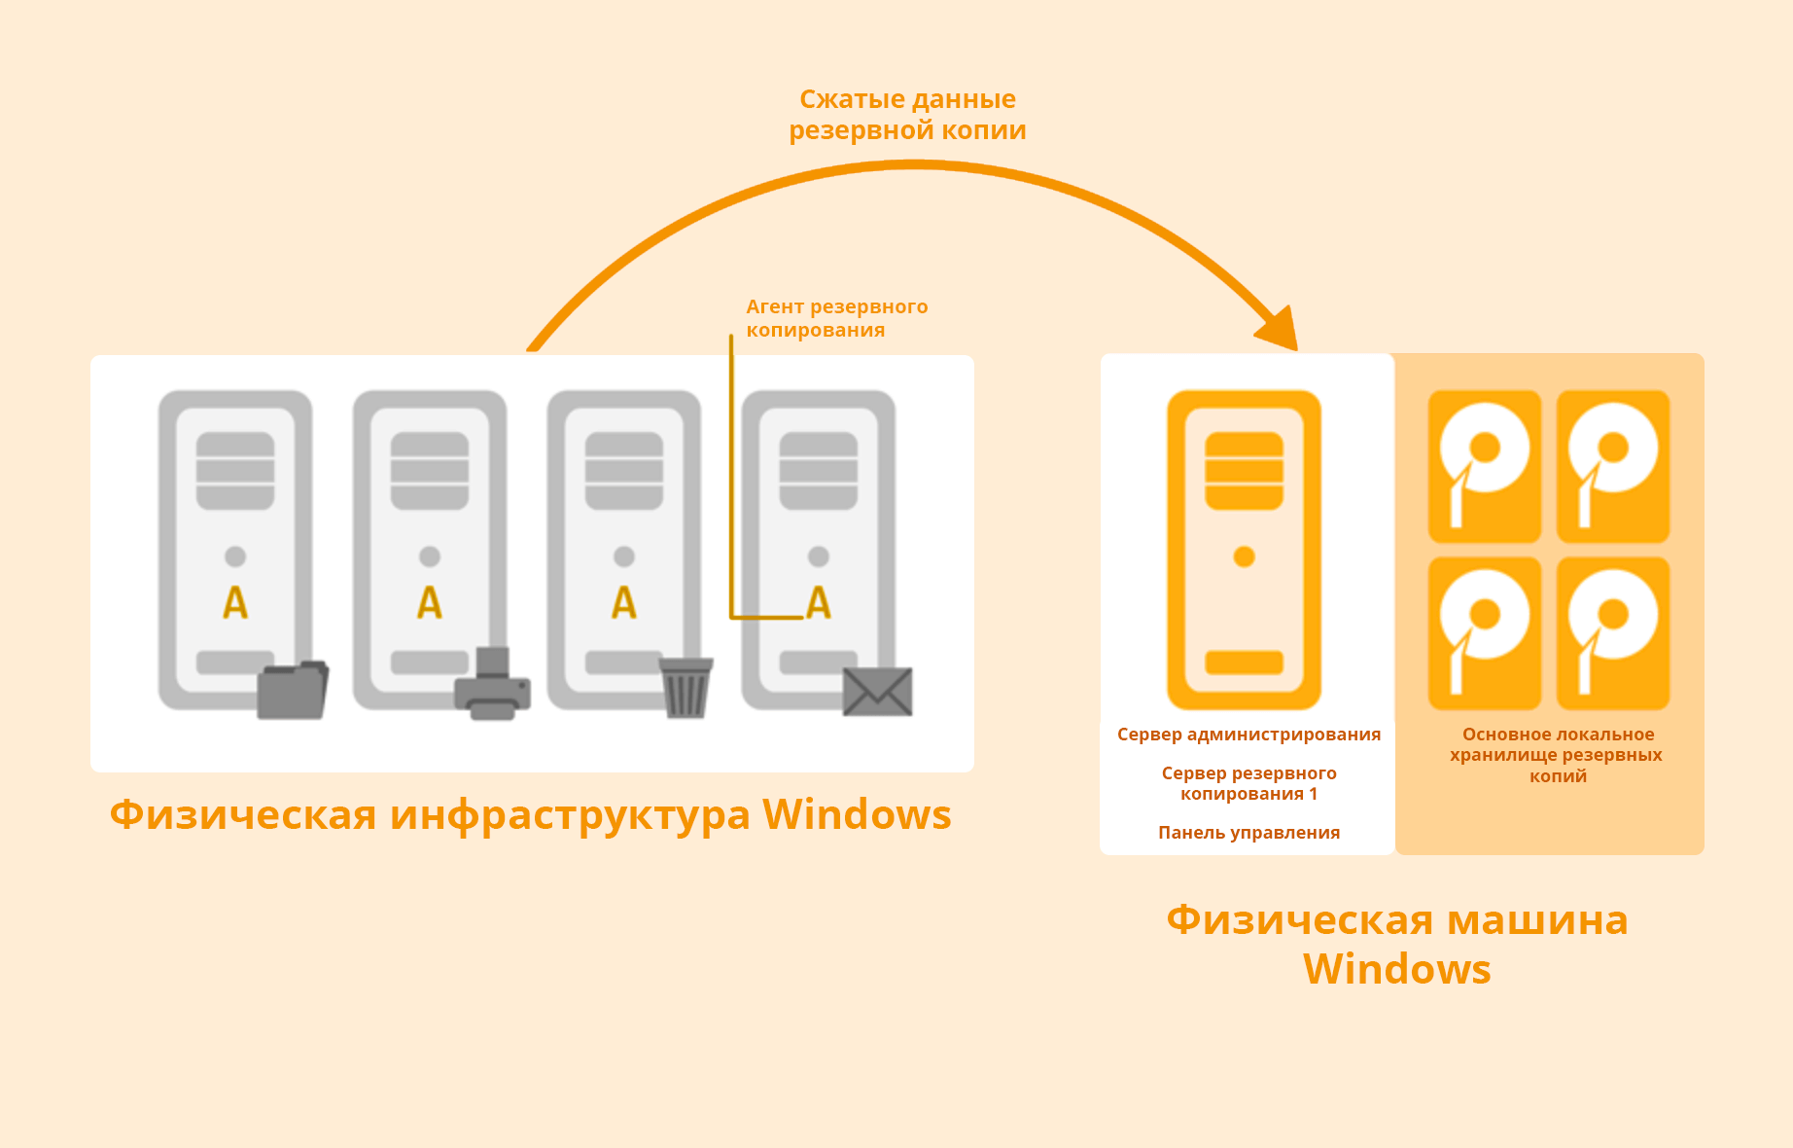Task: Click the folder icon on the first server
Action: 293,690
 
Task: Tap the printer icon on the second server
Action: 493,686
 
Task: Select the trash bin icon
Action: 686,687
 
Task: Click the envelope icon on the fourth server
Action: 877,692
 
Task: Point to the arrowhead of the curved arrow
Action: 1282,331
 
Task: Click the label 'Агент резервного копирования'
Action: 836,318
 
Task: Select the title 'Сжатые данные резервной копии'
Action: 907,115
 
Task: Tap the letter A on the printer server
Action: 430,603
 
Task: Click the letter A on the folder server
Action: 235,603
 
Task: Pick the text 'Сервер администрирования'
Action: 1248,735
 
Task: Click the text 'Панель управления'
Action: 1248,833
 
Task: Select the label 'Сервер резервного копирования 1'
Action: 1248,783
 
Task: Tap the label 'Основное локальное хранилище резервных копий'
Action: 1557,755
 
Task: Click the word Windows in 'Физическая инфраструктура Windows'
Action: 856,815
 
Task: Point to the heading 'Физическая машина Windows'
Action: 1396,944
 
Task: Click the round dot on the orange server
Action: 1244,556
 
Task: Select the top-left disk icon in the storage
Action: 1484,466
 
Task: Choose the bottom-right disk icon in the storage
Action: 1612,632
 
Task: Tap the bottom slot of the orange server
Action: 1244,663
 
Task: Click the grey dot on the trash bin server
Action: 624,556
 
